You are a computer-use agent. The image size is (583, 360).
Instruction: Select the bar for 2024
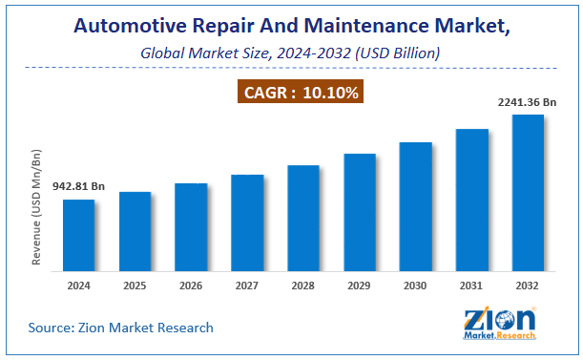click(78, 236)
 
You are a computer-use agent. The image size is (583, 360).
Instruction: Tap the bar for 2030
click(415, 207)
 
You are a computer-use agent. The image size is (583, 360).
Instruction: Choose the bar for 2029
click(359, 213)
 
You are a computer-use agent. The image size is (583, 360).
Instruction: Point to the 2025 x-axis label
click(135, 285)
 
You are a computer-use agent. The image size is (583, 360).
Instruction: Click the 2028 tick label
click(303, 285)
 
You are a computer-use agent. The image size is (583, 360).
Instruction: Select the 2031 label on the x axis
click(471, 285)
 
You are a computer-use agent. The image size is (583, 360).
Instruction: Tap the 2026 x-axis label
click(191, 285)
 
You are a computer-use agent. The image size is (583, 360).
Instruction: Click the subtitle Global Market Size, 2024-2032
click(291, 53)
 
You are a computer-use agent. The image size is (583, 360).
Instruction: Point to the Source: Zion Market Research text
click(120, 328)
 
